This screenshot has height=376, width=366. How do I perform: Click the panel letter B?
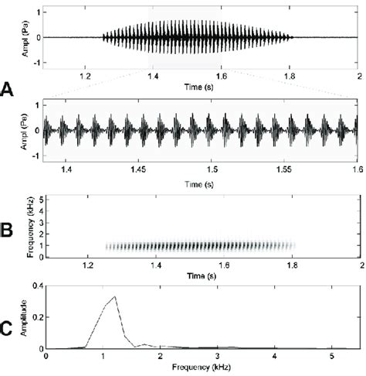[x=7, y=228]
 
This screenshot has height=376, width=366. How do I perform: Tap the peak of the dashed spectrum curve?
[x=115, y=296]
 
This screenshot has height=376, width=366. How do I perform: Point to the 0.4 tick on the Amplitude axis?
[x=36, y=287]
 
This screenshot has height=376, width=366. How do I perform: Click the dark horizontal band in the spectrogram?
[x=201, y=246]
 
